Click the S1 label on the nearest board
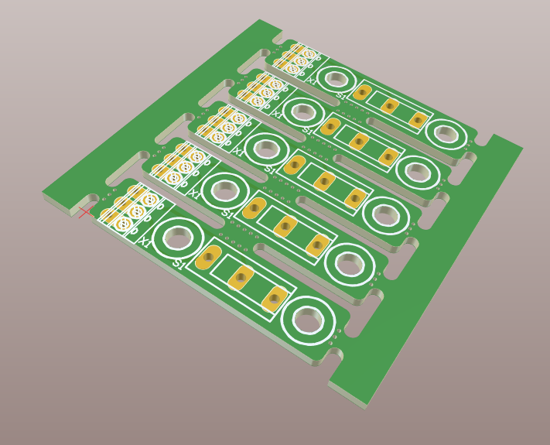pos(179,264)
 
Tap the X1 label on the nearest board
pos(144,242)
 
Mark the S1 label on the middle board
pos(269,169)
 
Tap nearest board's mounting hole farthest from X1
pos(307,319)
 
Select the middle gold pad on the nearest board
pos(241,277)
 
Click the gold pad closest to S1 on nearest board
pos(208,257)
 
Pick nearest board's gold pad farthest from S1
pos(275,298)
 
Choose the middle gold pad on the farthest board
pos(390,105)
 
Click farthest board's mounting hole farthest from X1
pos(446,133)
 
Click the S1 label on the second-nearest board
pos(227,213)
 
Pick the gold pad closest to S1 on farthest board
pos(361,93)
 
